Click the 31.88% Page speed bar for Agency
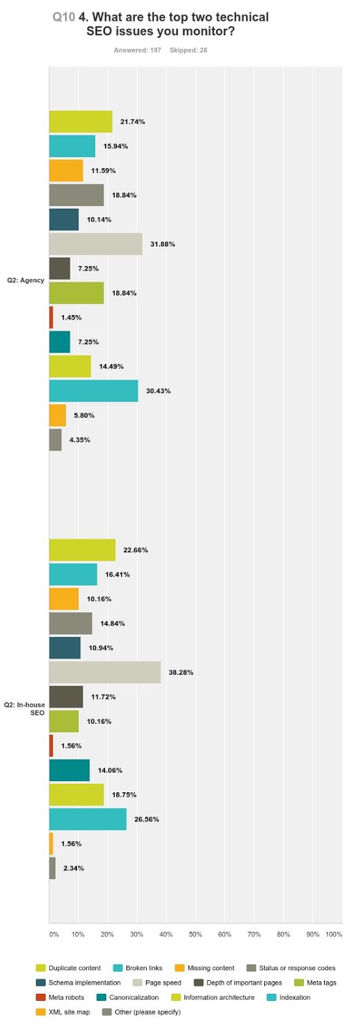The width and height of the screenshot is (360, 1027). pos(95,244)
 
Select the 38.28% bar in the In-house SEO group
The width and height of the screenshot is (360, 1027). pos(105,672)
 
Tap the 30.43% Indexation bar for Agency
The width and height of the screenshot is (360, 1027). pos(93,391)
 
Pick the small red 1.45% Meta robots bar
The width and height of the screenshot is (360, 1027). pos(51,318)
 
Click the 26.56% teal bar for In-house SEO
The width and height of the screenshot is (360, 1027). pos(87,819)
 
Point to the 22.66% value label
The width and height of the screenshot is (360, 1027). pos(136,550)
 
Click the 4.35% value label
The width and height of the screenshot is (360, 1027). pos(80,439)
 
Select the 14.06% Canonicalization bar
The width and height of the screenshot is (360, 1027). pos(69,770)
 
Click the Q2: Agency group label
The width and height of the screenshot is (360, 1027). pos(25,280)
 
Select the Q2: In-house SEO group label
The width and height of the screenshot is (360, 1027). pos(25,709)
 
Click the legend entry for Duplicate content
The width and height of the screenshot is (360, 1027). pos(68,968)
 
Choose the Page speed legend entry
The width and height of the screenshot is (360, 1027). pos(157,983)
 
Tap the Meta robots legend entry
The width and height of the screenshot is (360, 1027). pos(60,997)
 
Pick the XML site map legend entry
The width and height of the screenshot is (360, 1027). pos(63,1012)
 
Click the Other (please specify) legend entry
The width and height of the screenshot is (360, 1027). pos(142,1012)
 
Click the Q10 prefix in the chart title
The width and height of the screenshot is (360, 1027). pos(64,18)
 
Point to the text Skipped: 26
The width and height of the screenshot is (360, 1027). pos(188,50)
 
